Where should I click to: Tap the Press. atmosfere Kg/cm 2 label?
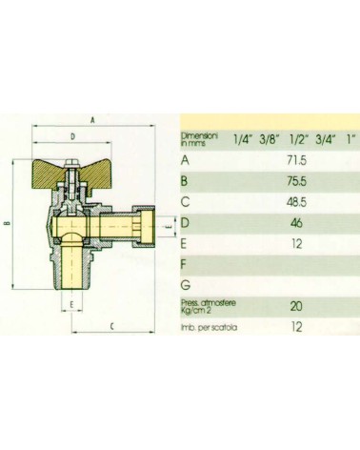[203, 306]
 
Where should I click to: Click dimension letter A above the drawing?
[91, 121]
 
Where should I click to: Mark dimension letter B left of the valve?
[8, 225]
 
